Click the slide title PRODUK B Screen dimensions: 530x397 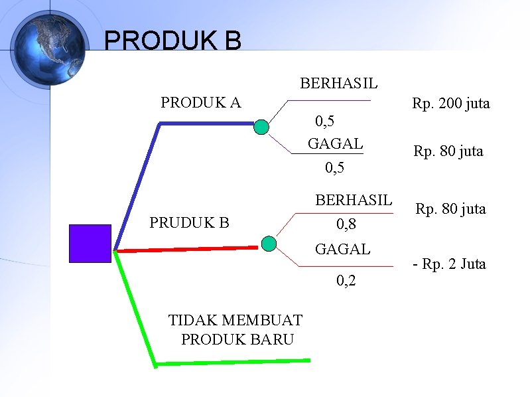point(172,40)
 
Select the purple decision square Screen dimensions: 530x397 point(90,244)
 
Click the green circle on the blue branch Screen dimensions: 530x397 point(262,127)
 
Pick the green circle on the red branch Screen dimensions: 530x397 point(269,244)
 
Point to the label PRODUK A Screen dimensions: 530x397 point(201,102)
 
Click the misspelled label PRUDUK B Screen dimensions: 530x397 point(189,222)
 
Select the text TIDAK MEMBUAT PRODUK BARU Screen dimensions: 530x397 point(236,329)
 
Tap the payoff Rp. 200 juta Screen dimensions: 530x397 point(450,104)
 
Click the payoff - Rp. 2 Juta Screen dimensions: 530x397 point(449,264)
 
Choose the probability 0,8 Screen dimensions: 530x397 point(346,225)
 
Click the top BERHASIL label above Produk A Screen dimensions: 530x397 point(339,84)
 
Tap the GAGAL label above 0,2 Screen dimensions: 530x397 point(342,250)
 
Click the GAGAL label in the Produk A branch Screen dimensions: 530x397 point(335,143)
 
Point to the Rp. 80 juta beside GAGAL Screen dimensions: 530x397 point(448,151)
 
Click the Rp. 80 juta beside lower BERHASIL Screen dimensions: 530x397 point(450,209)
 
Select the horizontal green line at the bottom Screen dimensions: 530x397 point(232,362)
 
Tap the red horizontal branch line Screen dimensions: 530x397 point(186,249)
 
